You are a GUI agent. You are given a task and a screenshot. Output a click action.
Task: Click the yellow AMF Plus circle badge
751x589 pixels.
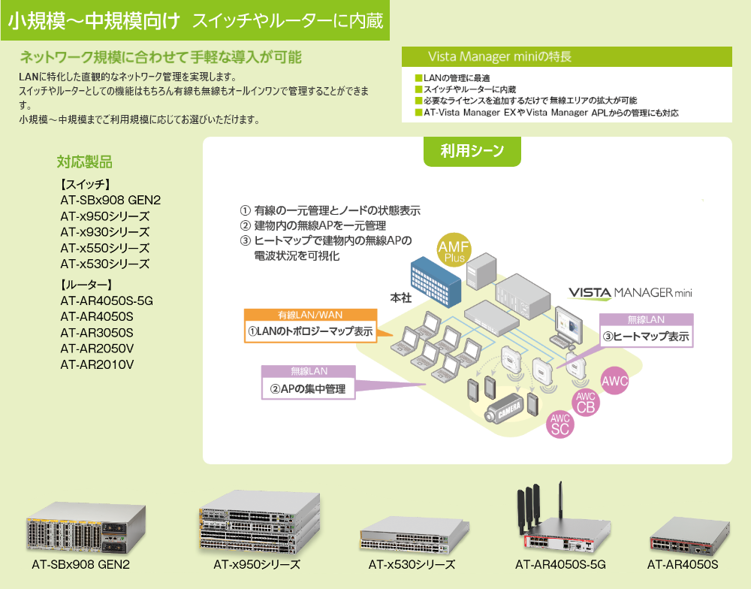[455, 250]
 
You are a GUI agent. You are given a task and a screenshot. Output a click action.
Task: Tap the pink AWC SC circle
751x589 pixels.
[560, 424]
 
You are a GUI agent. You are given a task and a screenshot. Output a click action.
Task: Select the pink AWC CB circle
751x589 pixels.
[586, 402]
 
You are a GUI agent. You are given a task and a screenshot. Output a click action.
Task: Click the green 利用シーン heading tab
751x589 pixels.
[472, 151]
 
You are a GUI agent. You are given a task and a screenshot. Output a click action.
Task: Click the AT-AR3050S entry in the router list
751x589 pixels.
[97, 333]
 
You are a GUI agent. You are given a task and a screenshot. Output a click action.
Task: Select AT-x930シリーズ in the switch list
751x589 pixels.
[105, 232]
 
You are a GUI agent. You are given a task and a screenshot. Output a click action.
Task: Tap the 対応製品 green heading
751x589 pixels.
[85, 161]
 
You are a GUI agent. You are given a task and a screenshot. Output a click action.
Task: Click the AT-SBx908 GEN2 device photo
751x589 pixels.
[79, 530]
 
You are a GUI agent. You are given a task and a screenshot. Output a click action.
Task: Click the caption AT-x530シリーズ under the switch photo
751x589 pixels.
[412, 565]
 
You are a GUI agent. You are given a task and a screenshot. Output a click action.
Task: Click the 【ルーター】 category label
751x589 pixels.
[86, 285]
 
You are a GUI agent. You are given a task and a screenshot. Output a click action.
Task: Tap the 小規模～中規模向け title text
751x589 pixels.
[94, 21]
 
